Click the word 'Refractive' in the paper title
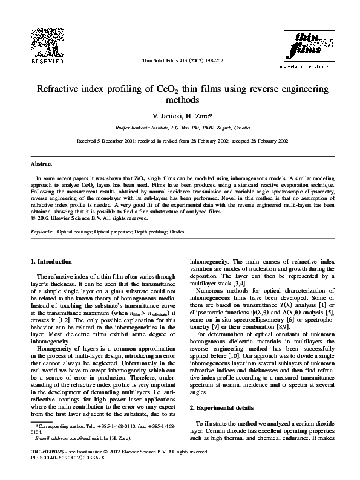pos(62,89)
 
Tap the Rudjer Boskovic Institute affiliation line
pos(180,128)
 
